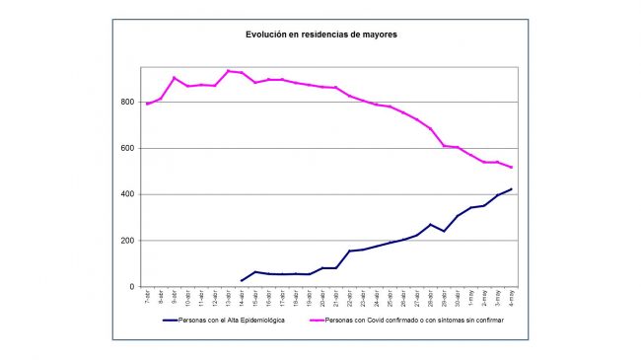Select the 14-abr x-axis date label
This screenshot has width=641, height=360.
point(242,298)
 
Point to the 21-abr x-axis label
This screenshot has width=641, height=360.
point(335,298)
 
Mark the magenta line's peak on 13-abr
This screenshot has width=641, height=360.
point(228,70)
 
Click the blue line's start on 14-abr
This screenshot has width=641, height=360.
point(242,281)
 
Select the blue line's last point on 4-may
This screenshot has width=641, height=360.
point(511,189)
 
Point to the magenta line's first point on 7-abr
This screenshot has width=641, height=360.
point(148,104)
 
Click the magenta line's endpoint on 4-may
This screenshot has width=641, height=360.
point(511,168)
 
